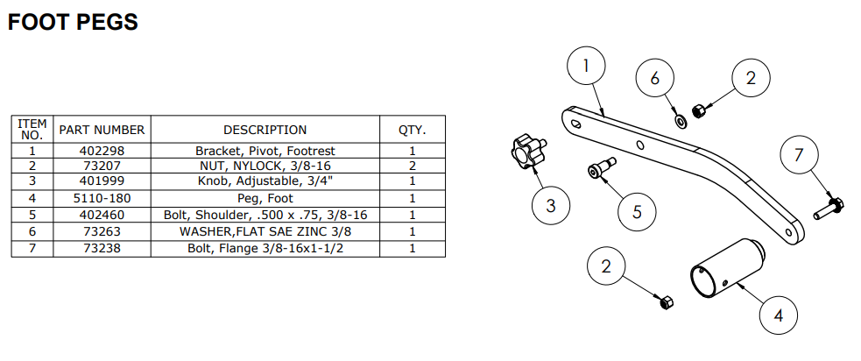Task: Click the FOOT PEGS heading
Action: point(73,22)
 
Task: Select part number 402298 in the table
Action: point(101,151)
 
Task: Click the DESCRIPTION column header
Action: point(265,130)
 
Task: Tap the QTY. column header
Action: point(412,130)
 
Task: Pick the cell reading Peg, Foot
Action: point(265,199)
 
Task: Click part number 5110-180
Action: point(101,199)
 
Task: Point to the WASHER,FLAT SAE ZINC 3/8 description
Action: point(265,231)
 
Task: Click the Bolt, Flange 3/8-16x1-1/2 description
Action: point(265,248)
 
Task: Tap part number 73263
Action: point(101,231)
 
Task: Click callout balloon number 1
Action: point(587,64)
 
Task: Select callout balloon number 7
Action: point(798,157)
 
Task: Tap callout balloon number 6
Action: point(654,78)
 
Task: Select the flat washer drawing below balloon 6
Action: point(680,117)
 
